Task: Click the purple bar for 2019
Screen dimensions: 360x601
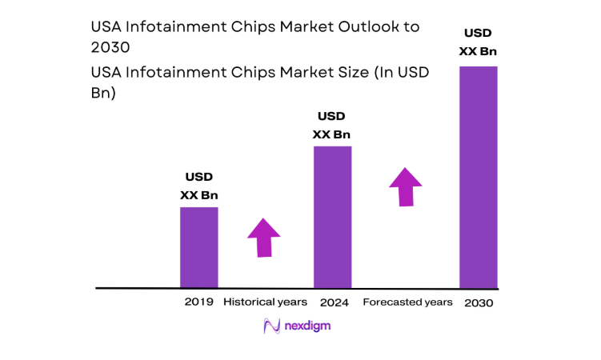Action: click(x=198, y=247)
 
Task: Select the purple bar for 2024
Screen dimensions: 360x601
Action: click(x=332, y=217)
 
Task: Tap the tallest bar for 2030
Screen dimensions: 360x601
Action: click(x=478, y=177)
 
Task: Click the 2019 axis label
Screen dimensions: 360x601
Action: click(x=198, y=302)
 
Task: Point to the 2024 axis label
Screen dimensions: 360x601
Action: click(x=333, y=302)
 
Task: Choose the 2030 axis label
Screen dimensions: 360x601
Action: click(x=478, y=303)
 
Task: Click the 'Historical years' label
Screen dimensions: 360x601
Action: click(x=265, y=302)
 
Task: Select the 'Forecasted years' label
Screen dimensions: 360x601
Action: click(x=407, y=302)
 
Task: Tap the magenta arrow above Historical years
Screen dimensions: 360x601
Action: click(x=263, y=236)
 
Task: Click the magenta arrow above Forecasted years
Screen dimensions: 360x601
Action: click(x=407, y=186)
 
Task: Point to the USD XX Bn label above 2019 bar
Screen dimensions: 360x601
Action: click(x=198, y=186)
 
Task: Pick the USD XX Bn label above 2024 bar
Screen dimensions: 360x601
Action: click(x=332, y=126)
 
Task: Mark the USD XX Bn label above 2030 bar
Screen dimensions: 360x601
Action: click(x=478, y=42)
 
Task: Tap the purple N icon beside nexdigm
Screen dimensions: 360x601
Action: click(x=273, y=326)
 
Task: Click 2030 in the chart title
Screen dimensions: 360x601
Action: click(x=111, y=47)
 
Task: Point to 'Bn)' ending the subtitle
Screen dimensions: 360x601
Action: click(x=104, y=93)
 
